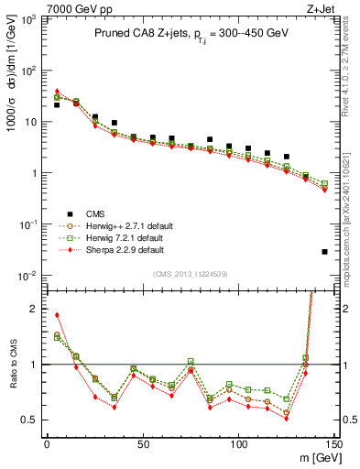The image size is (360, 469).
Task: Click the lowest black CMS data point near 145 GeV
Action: point(325,251)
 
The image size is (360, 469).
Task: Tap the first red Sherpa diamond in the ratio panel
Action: point(57,315)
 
